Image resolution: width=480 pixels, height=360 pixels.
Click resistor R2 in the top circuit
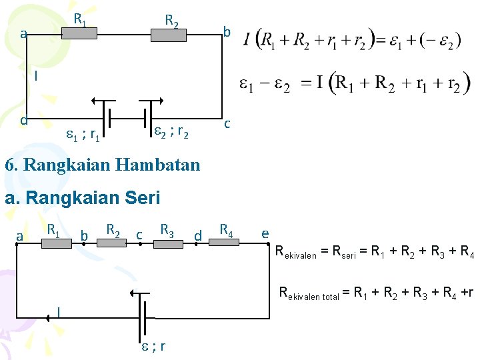click(x=169, y=35)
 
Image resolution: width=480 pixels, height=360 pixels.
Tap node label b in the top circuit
click(x=227, y=32)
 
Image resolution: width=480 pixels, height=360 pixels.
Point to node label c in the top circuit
click(x=228, y=124)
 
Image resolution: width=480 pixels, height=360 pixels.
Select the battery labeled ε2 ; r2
click(x=145, y=117)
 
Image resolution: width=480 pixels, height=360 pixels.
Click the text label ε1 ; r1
click(x=84, y=137)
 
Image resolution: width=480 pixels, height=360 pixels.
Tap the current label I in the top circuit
click(x=36, y=76)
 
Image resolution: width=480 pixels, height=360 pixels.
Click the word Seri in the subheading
click(x=142, y=198)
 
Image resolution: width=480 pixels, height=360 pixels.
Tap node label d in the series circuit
click(x=197, y=235)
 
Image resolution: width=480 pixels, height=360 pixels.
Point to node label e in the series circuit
click(x=265, y=233)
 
